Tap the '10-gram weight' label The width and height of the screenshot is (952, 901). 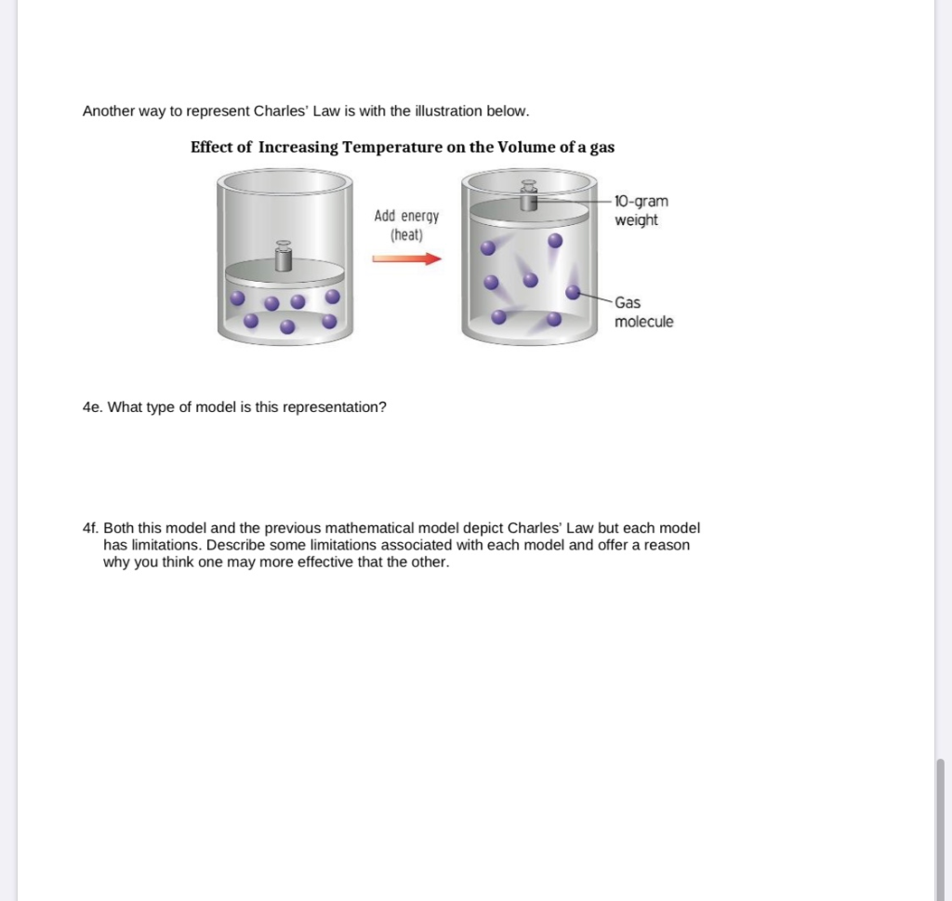[641, 211]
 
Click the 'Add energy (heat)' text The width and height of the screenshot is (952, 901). [407, 225]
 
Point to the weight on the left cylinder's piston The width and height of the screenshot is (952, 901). [284, 257]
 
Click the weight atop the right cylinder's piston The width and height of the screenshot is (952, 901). [529, 198]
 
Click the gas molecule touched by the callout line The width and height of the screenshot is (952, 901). [574, 292]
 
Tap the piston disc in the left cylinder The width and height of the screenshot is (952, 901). [284, 273]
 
